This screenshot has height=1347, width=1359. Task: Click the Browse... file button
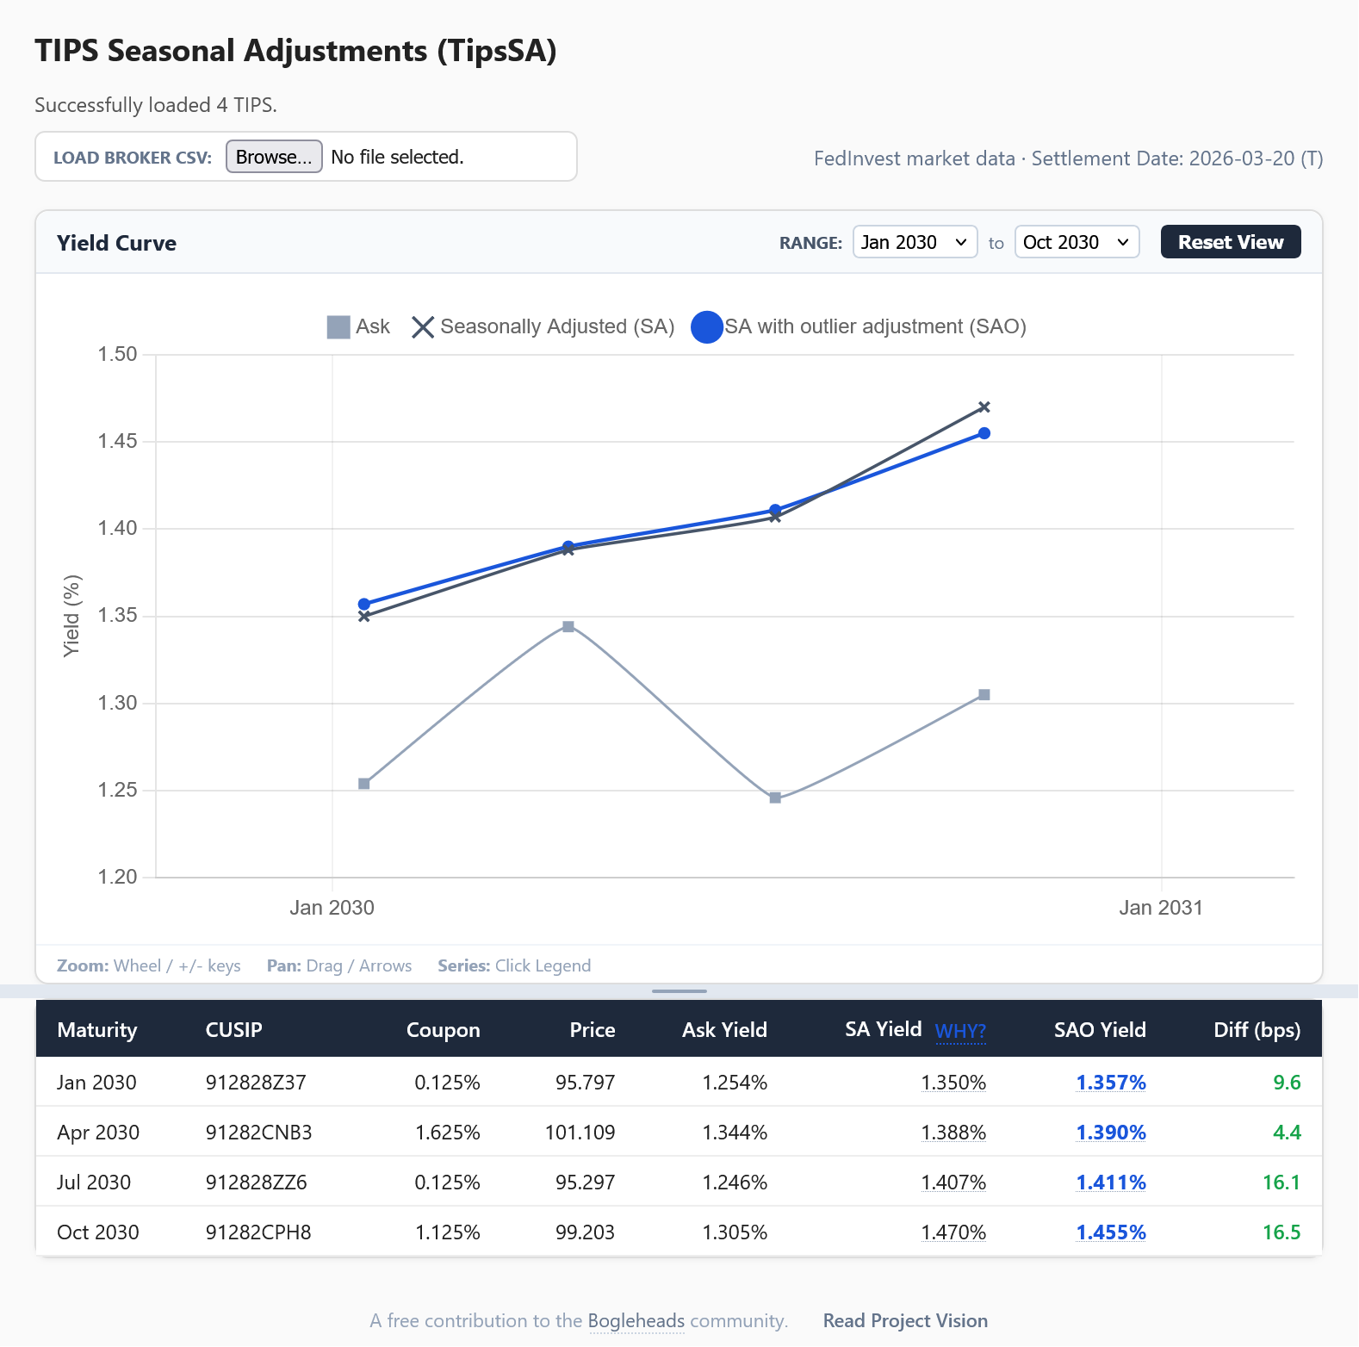pos(274,157)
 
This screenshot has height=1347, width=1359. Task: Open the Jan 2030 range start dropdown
pos(915,242)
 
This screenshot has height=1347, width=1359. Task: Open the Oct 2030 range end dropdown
pos(1077,242)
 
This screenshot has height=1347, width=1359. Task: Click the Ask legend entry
pos(359,327)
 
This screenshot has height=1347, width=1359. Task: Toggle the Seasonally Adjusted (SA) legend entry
pos(543,327)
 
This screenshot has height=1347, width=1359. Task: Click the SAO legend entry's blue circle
pos(707,327)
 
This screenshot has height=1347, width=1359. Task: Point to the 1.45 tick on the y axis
pos(118,442)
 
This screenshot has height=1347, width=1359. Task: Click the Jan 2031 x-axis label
pos(1160,908)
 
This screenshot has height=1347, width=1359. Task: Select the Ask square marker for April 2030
pos(568,627)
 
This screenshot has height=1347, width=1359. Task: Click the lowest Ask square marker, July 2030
pos(775,798)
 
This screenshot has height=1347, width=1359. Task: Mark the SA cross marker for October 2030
pos(984,407)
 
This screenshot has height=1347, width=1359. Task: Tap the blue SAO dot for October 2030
pos(984,433)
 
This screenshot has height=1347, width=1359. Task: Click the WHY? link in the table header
pos(960,1031)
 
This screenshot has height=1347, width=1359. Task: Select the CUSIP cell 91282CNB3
pos(258,1133)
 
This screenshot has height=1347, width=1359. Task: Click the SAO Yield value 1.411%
pos(1110,1183)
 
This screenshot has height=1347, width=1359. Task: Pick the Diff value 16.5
pos(1281,1232)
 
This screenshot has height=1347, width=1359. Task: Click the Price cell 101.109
pos(580,1133)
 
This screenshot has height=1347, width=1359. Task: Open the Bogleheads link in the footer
pos(636,1321)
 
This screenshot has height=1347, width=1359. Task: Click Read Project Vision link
pos(905,1321)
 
